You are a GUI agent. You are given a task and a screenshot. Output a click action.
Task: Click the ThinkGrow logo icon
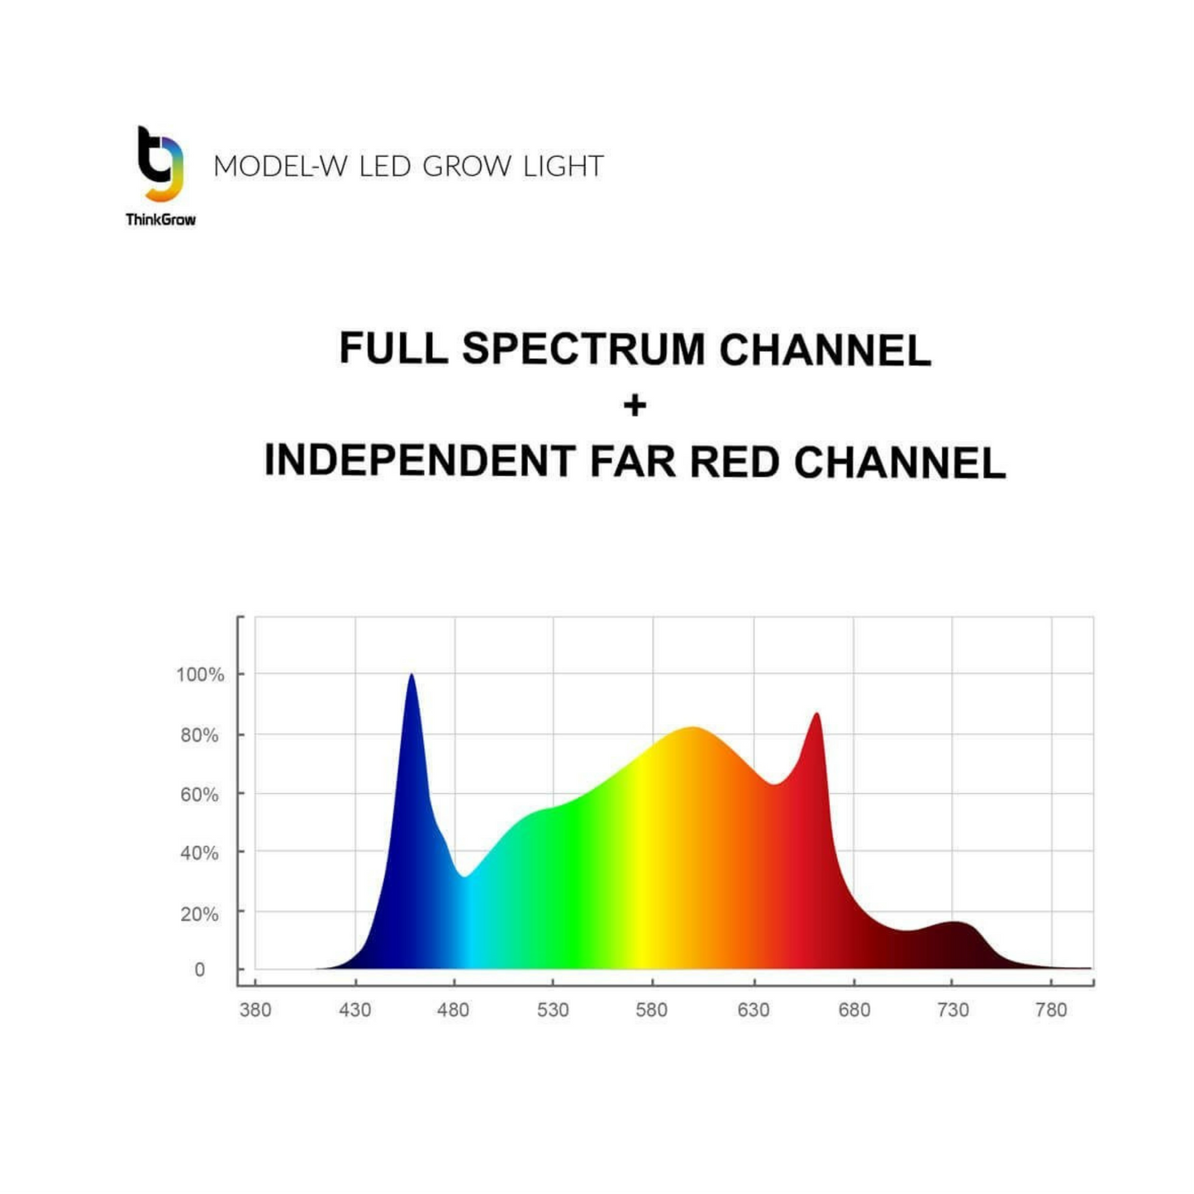click(160, 164)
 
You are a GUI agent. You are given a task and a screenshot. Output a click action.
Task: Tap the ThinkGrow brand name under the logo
click(160, 219)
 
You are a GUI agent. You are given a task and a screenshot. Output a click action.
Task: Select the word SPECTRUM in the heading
click(583, 349)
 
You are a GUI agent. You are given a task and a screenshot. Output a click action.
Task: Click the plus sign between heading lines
click(635, 406)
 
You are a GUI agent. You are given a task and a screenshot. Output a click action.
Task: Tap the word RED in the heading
click(735, 461)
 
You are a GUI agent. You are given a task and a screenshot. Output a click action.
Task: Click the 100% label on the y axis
click(200, 674)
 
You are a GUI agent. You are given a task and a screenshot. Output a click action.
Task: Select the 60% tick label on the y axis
click(199, 795)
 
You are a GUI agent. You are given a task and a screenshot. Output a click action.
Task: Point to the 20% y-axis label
click(199, 914)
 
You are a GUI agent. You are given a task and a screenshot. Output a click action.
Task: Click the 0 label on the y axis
click(199, 969)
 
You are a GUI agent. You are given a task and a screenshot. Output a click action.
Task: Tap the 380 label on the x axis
click(255, 1010)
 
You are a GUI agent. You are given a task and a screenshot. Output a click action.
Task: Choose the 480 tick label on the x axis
click(454, 1010)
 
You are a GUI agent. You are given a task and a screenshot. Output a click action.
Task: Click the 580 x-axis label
click(652, 1010)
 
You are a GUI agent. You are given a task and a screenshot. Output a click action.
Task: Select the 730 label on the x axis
click(953, 1010)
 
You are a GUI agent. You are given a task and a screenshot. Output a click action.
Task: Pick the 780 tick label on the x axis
click(1051, 1010)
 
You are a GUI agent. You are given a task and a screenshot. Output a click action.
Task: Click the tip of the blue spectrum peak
click(411, 676)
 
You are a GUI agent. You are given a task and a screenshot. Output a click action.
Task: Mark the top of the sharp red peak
click(816, 715)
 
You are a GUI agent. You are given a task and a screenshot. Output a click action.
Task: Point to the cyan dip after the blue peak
click(466, 876)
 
